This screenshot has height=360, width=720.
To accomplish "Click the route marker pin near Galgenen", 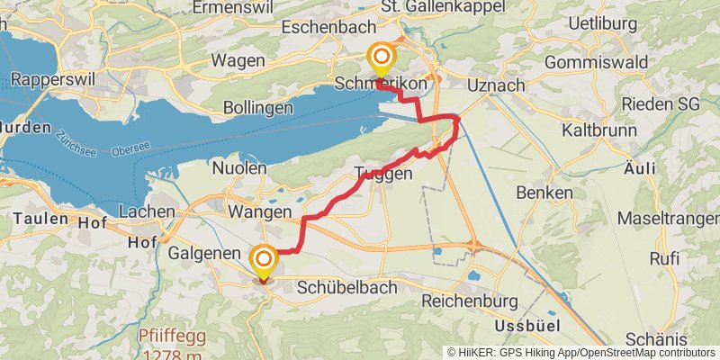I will click(264, 262).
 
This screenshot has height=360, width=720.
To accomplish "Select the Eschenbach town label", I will click(322, 27).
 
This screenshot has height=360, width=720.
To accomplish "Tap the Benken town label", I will click(544, 193).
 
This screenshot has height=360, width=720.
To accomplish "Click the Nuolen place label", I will click(238, 168).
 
